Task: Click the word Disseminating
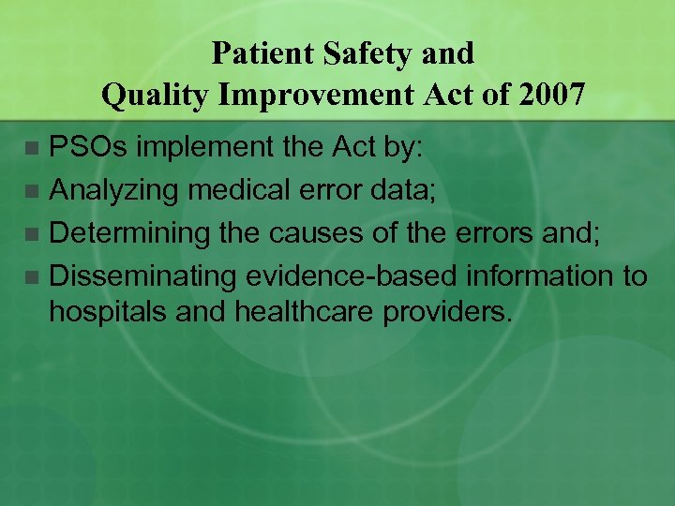click(x=142, y=276)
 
